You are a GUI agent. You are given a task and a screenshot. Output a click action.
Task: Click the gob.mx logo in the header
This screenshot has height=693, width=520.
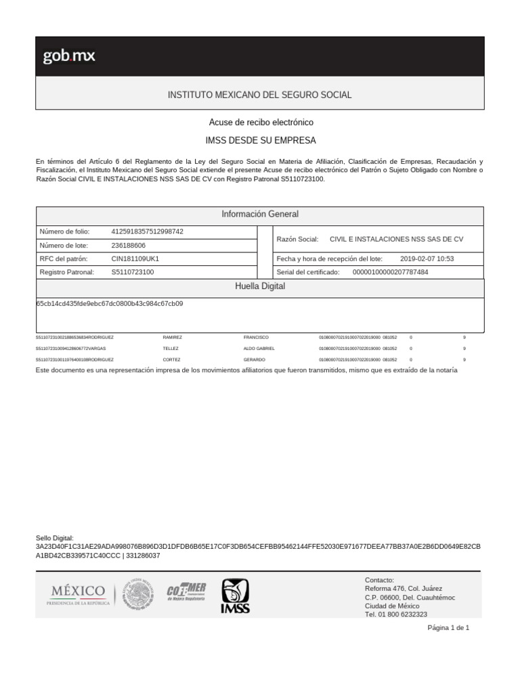(69, 56)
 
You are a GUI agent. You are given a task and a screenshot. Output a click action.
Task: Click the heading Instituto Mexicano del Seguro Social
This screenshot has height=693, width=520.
(259, 95)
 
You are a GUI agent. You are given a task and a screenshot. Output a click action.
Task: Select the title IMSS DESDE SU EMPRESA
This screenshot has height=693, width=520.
(261, 140)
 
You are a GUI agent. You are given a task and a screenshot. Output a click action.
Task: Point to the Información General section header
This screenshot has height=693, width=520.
(260, 214)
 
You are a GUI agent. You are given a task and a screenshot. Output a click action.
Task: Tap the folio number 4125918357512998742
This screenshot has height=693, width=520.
(147, 231)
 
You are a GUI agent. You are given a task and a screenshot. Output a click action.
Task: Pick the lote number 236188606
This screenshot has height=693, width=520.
(129, 245)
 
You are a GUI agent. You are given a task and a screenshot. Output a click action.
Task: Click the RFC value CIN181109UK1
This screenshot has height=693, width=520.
(135, 259)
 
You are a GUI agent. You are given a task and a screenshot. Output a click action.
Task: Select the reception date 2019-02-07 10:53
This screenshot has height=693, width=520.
(427, 259)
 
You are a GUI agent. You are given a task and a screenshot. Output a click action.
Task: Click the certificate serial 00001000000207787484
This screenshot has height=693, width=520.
(391, 272)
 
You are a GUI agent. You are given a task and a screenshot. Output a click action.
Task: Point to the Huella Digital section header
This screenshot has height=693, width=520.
(260, 286)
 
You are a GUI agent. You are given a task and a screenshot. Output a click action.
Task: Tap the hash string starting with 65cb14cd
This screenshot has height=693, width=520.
(110, 304)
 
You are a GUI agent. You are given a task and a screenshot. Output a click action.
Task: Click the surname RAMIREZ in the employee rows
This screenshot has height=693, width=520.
(172, 337)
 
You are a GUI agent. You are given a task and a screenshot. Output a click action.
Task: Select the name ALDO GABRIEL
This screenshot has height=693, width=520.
(259, 348)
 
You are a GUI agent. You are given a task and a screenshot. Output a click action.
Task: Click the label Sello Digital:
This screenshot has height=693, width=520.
(54, 537)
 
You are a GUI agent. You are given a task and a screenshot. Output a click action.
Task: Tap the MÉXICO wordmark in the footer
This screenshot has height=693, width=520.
(78, 591)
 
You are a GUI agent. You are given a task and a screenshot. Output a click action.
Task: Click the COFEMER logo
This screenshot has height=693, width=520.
(186, 593)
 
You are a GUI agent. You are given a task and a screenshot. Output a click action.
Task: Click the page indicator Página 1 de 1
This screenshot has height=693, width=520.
(448, 627)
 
